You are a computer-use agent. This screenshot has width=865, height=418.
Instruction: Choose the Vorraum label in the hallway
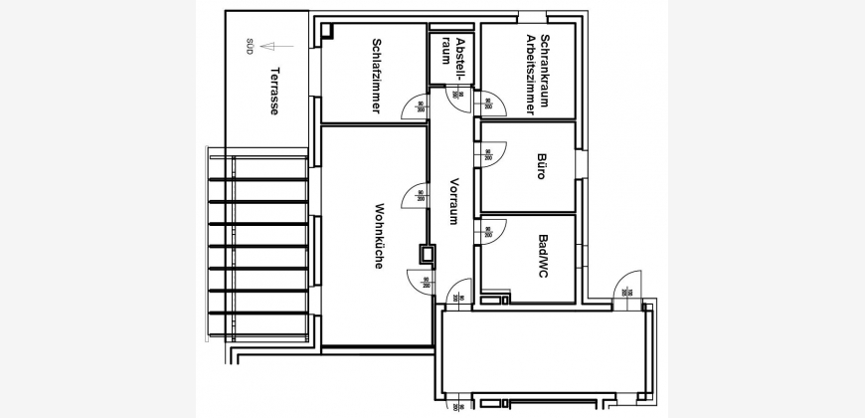coord(453,200)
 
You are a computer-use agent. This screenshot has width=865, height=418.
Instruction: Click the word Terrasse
coord(273,93)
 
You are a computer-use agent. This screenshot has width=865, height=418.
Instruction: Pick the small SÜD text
coord(250,46)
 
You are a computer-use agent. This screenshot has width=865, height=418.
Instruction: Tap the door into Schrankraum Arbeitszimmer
coord(492,104)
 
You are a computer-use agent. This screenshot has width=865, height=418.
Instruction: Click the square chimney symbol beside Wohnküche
coord(428,254)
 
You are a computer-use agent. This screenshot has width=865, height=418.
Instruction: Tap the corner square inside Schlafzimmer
coord(327,32)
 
